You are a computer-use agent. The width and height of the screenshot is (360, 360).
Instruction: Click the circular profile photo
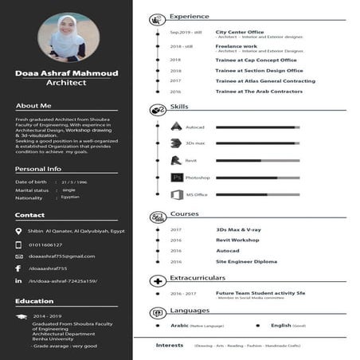(68, 37)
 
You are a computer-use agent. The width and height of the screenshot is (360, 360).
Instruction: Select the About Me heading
(33, 105)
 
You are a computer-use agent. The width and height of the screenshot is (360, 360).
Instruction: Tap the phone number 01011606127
(45, 245)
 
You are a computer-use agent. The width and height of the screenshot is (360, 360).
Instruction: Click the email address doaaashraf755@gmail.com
(61, 256)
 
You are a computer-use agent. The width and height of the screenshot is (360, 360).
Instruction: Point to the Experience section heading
(190, 16)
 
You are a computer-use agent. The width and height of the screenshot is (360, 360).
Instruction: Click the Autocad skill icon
(177, 126)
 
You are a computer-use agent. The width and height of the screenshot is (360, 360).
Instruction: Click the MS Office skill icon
(177, 194)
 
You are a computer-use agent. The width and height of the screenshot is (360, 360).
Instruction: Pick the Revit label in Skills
(191, 160)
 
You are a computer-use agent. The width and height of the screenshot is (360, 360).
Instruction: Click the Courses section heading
(184, 214)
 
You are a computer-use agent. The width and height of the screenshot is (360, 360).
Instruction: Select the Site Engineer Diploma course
(246, 261)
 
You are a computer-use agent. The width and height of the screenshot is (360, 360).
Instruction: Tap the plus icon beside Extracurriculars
(156, 279)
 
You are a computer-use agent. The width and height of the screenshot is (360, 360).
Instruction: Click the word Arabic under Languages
(179, 326)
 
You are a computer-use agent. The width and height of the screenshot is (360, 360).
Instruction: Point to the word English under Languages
(280, 326)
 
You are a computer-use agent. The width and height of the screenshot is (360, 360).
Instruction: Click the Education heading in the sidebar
(34, 301)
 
